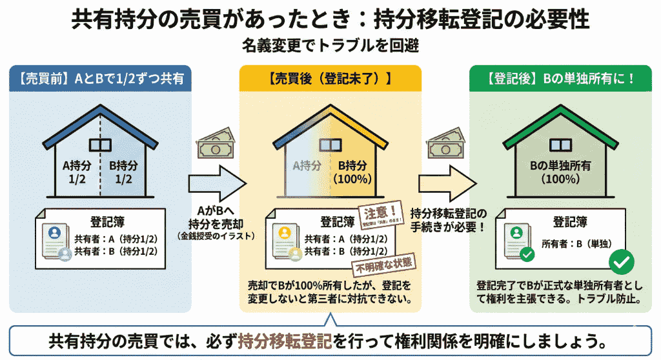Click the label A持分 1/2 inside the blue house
coord(75,170)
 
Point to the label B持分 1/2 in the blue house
coord(123,170)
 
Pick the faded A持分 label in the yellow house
coord(307,165)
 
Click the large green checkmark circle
coord(622,261)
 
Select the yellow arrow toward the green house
coord(444,183)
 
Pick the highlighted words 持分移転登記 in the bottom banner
coord(285,339)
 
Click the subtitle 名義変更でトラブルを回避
coord(330,46)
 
